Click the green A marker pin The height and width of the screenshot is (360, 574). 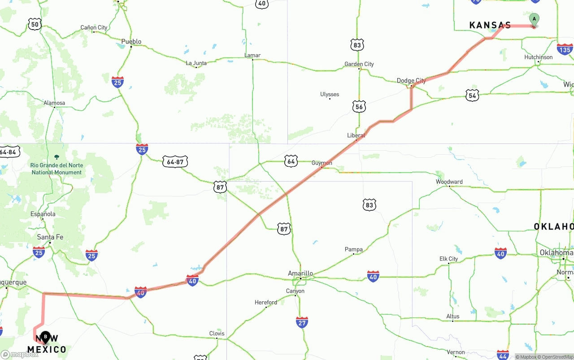[x=534, y=19]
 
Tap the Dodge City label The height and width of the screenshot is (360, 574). [x=411, y=81]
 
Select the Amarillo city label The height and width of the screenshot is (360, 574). [x=300, y=273]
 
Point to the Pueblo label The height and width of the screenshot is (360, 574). [x=131, y=42]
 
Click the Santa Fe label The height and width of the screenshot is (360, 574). [x=50, y=237]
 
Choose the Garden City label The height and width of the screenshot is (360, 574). [x=359, y=64]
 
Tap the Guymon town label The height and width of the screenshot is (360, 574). [x=322, y=163]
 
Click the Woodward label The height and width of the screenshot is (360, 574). [x=449, y=182]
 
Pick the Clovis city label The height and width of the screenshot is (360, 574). [x=217, y=334]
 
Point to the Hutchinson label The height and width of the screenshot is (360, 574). [x=538, y=57]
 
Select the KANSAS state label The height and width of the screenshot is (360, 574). [x=490, y=25]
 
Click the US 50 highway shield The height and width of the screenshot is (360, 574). [x=35, y=25]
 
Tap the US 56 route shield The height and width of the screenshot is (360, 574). [x=359, y=106]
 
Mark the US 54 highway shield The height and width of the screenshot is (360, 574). [x=472, y=95]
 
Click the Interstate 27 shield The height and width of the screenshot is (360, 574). [x=302, y=322]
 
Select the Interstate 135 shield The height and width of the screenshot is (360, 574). [x=565, y=49]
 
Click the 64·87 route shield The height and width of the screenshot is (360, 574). [x=175, y=161]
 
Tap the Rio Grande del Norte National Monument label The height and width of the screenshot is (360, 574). [x=57, y=169]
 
